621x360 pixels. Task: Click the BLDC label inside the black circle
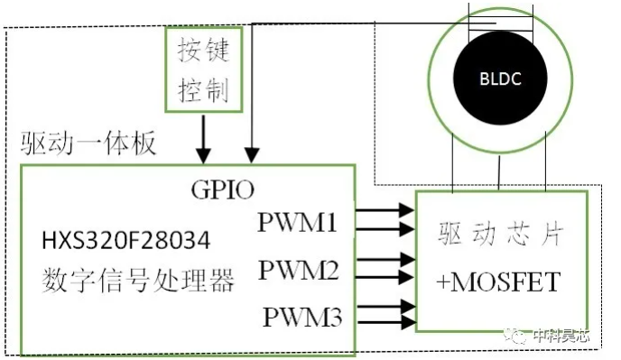(x=500, y=78)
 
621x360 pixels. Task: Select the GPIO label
(x=223, y=189)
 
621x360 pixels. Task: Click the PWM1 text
(x=297, y=222)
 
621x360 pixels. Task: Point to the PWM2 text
(x=298, y=270)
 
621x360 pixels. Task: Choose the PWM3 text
(x=302, y=317)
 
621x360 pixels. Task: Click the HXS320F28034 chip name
(x=126, y=240)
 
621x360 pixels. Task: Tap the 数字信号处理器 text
(x=138, y=280)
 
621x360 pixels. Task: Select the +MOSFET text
(x=498, y=282)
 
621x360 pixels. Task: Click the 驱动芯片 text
(x=500, y=234)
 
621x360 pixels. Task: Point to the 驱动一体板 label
(x=88, y=143)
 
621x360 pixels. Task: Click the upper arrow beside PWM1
(x=385, y=210)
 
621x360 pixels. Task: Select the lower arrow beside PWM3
(x=386, y=321)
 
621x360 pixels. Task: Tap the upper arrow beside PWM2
(x=385, y=260)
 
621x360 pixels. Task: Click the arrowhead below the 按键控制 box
(x=204, y=155)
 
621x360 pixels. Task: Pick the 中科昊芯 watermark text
(x=561, y=336)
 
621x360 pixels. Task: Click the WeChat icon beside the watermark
(x=514, y=337)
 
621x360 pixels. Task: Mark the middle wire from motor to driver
(x=499, y=173)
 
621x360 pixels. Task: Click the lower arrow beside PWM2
(x=385, y=277)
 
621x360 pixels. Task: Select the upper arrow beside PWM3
(x=386, y=307)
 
